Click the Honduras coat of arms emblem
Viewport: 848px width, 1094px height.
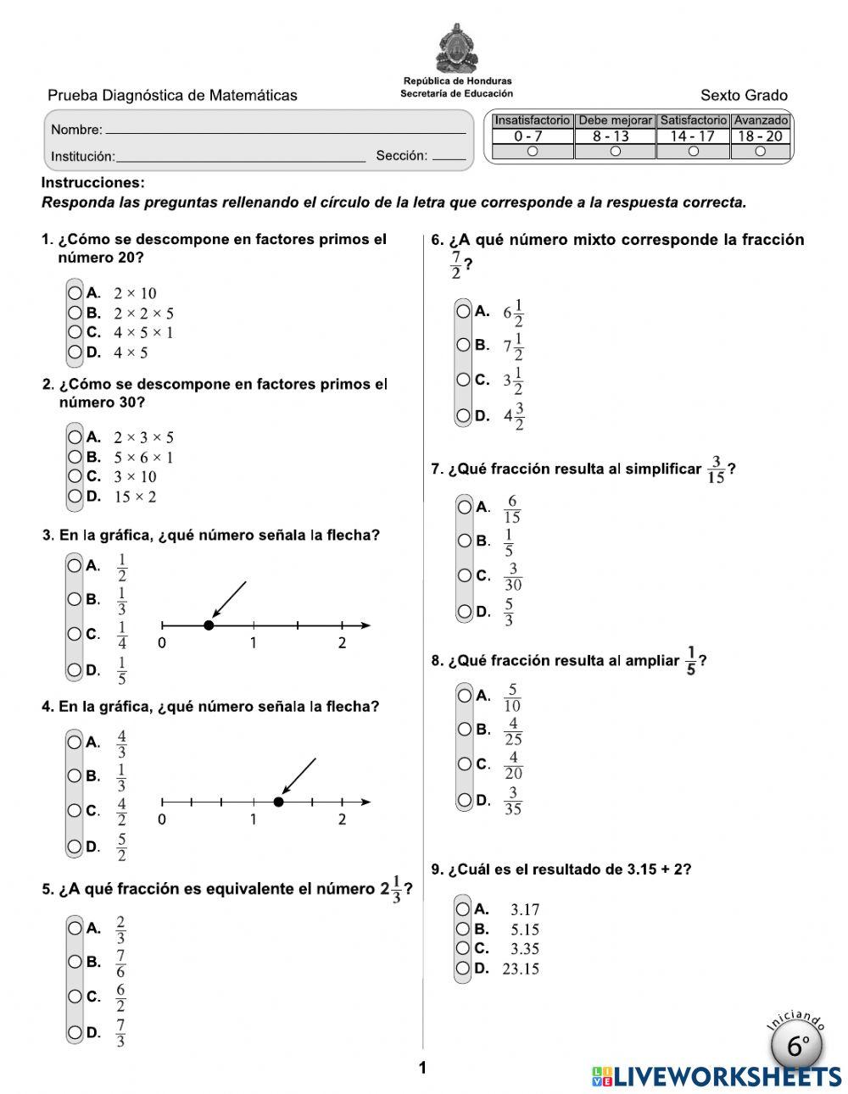click(457, 48)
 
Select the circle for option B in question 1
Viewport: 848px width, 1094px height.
click(75, 313)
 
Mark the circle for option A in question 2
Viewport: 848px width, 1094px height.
click(75, 437)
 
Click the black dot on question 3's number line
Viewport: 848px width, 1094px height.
click(209, 625)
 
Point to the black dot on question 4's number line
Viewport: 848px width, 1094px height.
click(279, 802)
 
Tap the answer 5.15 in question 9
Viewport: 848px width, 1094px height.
click(525, 930)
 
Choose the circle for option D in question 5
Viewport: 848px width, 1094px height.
click(75, 1032)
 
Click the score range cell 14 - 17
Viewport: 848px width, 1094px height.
click(693, 136)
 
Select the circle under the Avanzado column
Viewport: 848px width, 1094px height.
click(760, 152)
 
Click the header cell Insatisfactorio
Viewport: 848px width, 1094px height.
click(532, 120)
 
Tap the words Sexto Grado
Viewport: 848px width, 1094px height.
click(744, 96)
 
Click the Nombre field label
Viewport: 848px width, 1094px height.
click(76, 130)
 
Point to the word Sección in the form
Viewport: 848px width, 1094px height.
click(401, 156)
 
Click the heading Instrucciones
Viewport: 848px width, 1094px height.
click(93, 183)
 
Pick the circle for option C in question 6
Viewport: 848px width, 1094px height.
click(464, 380)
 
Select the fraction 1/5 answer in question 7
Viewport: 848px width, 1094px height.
click(509, 542)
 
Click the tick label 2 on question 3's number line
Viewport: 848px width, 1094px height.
click(342, 643)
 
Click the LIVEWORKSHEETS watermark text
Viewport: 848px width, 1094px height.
click(727, 1076)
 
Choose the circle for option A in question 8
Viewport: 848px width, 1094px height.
click(464, 696)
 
